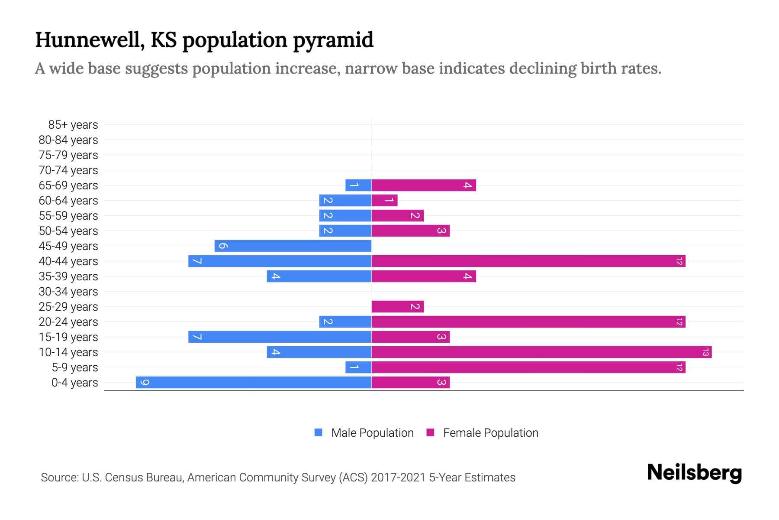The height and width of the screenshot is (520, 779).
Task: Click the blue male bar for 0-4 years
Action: click(x=254, y=382)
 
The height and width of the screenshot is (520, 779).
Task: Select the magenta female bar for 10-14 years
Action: click(x=541, y=352)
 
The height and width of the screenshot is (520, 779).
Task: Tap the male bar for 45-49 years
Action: click(x=293, y=246)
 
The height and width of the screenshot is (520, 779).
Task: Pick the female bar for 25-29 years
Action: click(x=397, y=306)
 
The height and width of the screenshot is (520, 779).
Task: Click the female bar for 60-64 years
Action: click(x=384, y=200)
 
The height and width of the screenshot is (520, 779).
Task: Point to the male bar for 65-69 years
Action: click(x=358, y=185)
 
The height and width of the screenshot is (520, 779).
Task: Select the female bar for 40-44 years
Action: click(x=528, y=261)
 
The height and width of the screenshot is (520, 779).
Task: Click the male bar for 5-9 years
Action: click(x=358, y=367)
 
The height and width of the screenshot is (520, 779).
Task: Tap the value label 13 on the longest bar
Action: click(x=705, y=352)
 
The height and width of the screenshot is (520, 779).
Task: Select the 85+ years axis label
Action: click(x=73, y=125)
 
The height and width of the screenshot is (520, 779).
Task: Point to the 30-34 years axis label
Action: click(x=68, y=292)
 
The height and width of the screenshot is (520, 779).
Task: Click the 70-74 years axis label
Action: click(x=68, y=170)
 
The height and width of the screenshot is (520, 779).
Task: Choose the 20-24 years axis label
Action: click(x=68, y=322)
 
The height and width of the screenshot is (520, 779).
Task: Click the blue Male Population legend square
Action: click(x=319, y=432)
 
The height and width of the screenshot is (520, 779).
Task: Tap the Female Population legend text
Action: click(x=490, y=432)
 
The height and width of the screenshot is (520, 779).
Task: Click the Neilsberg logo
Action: click(x=694, y=472)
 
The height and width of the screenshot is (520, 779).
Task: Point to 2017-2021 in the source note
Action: click(x=398, y=478)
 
